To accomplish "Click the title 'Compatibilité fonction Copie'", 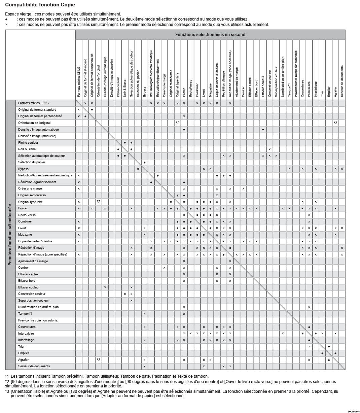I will click(x=40, y=5).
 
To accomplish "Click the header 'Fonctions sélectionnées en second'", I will click(x=210, y=35).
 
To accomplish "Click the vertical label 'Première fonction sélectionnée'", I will click(x=10, y=234).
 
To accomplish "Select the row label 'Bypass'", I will click(x=23, y=169).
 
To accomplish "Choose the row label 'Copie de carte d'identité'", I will click(x=35, y=241).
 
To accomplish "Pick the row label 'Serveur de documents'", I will click(x=34, y=366).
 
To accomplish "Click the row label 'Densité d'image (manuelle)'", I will click(x=37, y=136).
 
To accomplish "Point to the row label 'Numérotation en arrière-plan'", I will click(x=38, y=307).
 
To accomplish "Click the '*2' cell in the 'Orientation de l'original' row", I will click(x=177, y=123).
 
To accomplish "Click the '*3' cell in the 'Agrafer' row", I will click(x=98, y=360).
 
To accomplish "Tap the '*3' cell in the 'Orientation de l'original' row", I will click(x=335, y=123).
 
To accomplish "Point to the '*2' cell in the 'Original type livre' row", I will click(x=98, y=202).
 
